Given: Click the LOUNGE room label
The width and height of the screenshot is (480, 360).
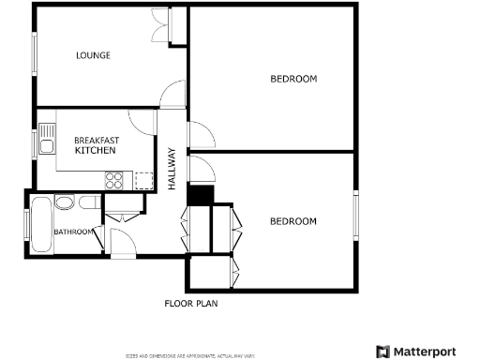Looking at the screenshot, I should coord(93,55).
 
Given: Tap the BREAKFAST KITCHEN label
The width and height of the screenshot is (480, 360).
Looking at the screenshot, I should coord(96,145).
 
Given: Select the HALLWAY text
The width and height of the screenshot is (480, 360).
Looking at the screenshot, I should coord(172,170).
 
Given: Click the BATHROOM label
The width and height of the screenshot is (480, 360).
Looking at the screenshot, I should coord(72,232).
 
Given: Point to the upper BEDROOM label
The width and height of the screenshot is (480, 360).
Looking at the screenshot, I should coord(293,79).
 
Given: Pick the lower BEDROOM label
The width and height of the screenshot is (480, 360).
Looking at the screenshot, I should coord(293,221).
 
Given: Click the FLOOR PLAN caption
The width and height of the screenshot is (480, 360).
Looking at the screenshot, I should coord(191,303).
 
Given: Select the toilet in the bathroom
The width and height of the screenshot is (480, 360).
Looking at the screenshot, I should coord(88,202).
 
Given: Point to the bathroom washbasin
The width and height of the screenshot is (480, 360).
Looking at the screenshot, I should coord(64,203).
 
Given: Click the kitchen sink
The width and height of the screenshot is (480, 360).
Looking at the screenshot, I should coord(46,143).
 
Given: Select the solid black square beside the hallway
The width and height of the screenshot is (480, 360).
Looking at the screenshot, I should coord(201,194).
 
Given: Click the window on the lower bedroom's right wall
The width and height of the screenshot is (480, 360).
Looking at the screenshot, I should coord(355,218).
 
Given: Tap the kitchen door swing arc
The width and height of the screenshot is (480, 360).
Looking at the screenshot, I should coord(141,121).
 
